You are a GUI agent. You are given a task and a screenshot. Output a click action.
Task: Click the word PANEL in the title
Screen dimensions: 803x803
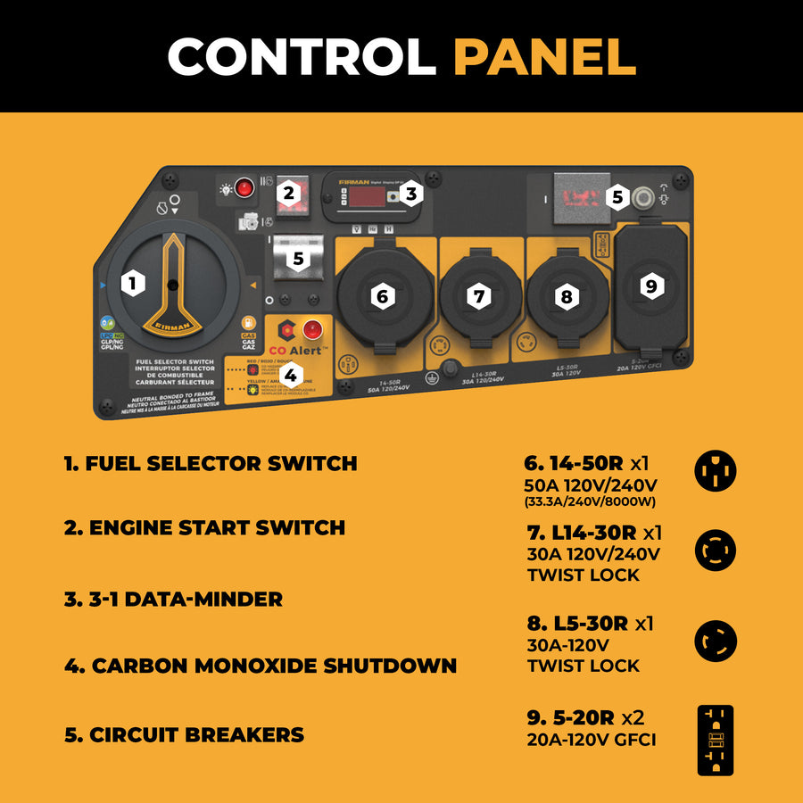544,56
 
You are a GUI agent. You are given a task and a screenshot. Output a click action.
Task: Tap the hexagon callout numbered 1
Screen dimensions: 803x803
133,285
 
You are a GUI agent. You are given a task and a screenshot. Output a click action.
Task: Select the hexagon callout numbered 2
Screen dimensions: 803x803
287,192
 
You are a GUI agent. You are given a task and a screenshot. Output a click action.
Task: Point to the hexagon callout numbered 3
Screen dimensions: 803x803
410,193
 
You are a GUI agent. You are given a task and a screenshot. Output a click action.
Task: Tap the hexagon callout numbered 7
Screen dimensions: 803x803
480,296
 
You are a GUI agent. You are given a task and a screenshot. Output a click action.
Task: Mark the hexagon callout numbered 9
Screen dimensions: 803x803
650,286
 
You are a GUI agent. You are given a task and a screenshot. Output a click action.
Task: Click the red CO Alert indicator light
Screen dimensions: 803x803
313,328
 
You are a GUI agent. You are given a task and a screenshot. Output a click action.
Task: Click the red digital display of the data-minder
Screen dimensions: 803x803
368,194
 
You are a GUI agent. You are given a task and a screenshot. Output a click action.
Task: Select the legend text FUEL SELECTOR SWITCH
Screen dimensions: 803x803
211,464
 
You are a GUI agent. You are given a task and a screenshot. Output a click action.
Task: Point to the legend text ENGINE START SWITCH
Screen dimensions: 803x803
204,528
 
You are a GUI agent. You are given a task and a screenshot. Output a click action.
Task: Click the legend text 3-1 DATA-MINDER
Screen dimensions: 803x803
173,600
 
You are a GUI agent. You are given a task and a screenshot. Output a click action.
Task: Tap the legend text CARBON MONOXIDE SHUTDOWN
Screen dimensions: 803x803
261,666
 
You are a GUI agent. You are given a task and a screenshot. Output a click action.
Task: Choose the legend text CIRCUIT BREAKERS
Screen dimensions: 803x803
185,735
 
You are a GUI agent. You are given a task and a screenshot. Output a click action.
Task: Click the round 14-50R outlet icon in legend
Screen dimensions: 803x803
716,469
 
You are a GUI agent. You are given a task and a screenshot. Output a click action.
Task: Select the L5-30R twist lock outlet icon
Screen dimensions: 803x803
716,641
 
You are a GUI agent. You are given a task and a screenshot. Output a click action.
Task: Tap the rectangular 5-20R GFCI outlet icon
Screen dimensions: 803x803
716,740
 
